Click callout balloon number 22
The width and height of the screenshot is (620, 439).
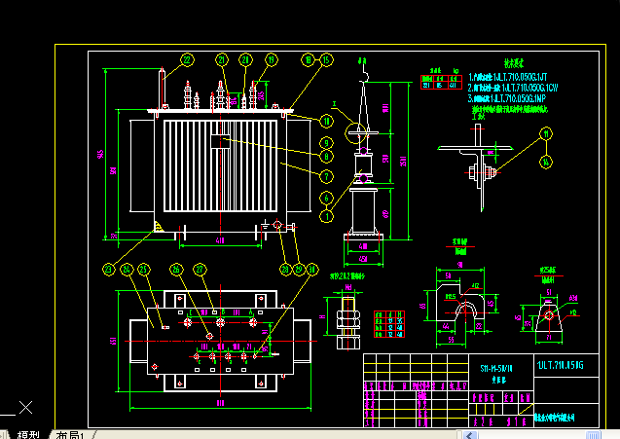coord(186,59)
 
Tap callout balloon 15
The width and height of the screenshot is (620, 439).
coord(327,59)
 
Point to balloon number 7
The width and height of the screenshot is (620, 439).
coord(327,176)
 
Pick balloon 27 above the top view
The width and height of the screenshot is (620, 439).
coord(201,269)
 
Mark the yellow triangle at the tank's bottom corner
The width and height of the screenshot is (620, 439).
coord(157,228)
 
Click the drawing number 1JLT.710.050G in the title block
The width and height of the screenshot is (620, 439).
coord(560,365)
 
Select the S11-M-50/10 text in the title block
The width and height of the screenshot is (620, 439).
coord(498,370)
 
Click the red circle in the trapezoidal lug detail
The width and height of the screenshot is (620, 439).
coord(548,314)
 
